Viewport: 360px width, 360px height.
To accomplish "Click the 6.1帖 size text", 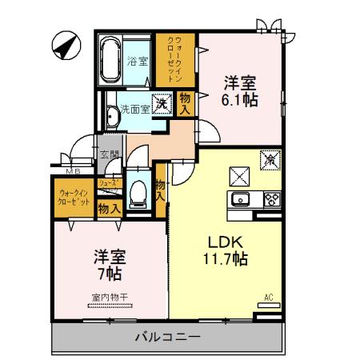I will [x=238, y=98].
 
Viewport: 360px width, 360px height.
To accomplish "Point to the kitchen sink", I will [x=241, y=199].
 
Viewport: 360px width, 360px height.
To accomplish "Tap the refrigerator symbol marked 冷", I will [x=270, y=160].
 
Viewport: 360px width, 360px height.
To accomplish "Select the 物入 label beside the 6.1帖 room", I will [x=186, y=103].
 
